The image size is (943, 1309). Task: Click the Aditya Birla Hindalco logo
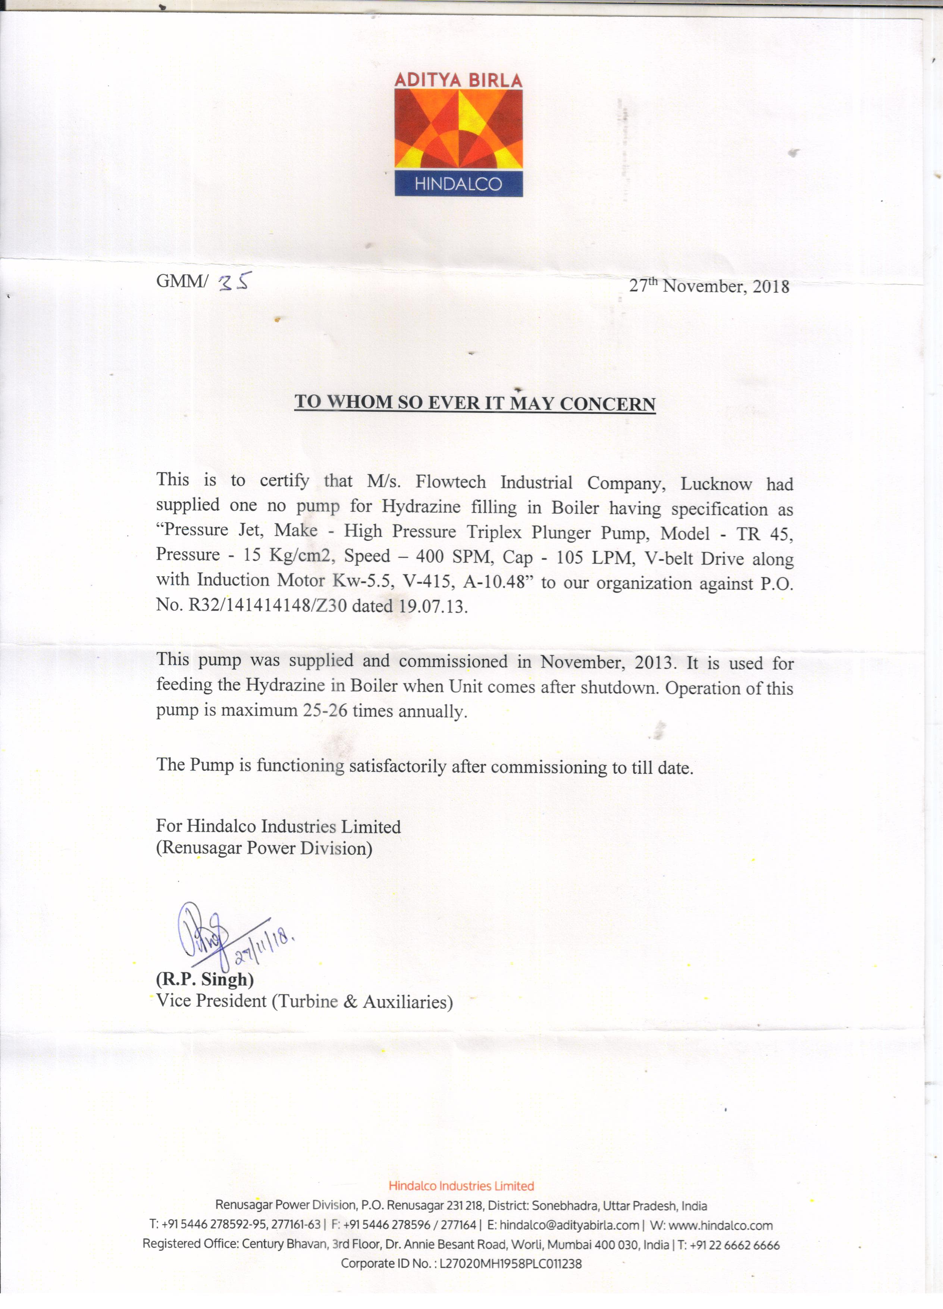click(458, 134)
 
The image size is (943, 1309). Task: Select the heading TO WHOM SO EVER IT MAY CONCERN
click(475, 403)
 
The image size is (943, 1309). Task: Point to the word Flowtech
click(451, 482)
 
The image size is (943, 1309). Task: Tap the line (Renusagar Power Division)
click(264, 848)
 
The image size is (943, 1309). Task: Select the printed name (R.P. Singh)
click(205, 979)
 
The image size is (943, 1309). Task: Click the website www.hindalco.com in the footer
click(720, 1225)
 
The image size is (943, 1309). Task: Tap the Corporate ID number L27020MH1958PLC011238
click(510, 1263)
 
